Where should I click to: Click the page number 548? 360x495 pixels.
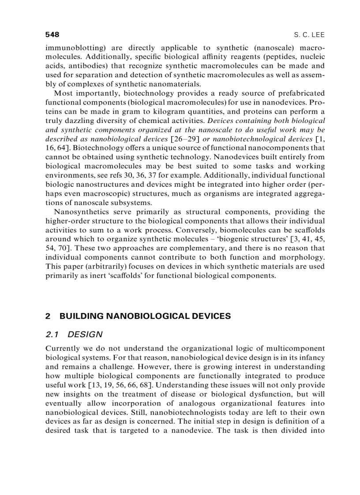coord(52,34)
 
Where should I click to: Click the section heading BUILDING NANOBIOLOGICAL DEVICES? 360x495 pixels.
coord(145,316)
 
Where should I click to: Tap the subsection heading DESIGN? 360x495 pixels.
coord(85,335)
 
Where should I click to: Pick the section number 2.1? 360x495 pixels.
coord(52,335)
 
